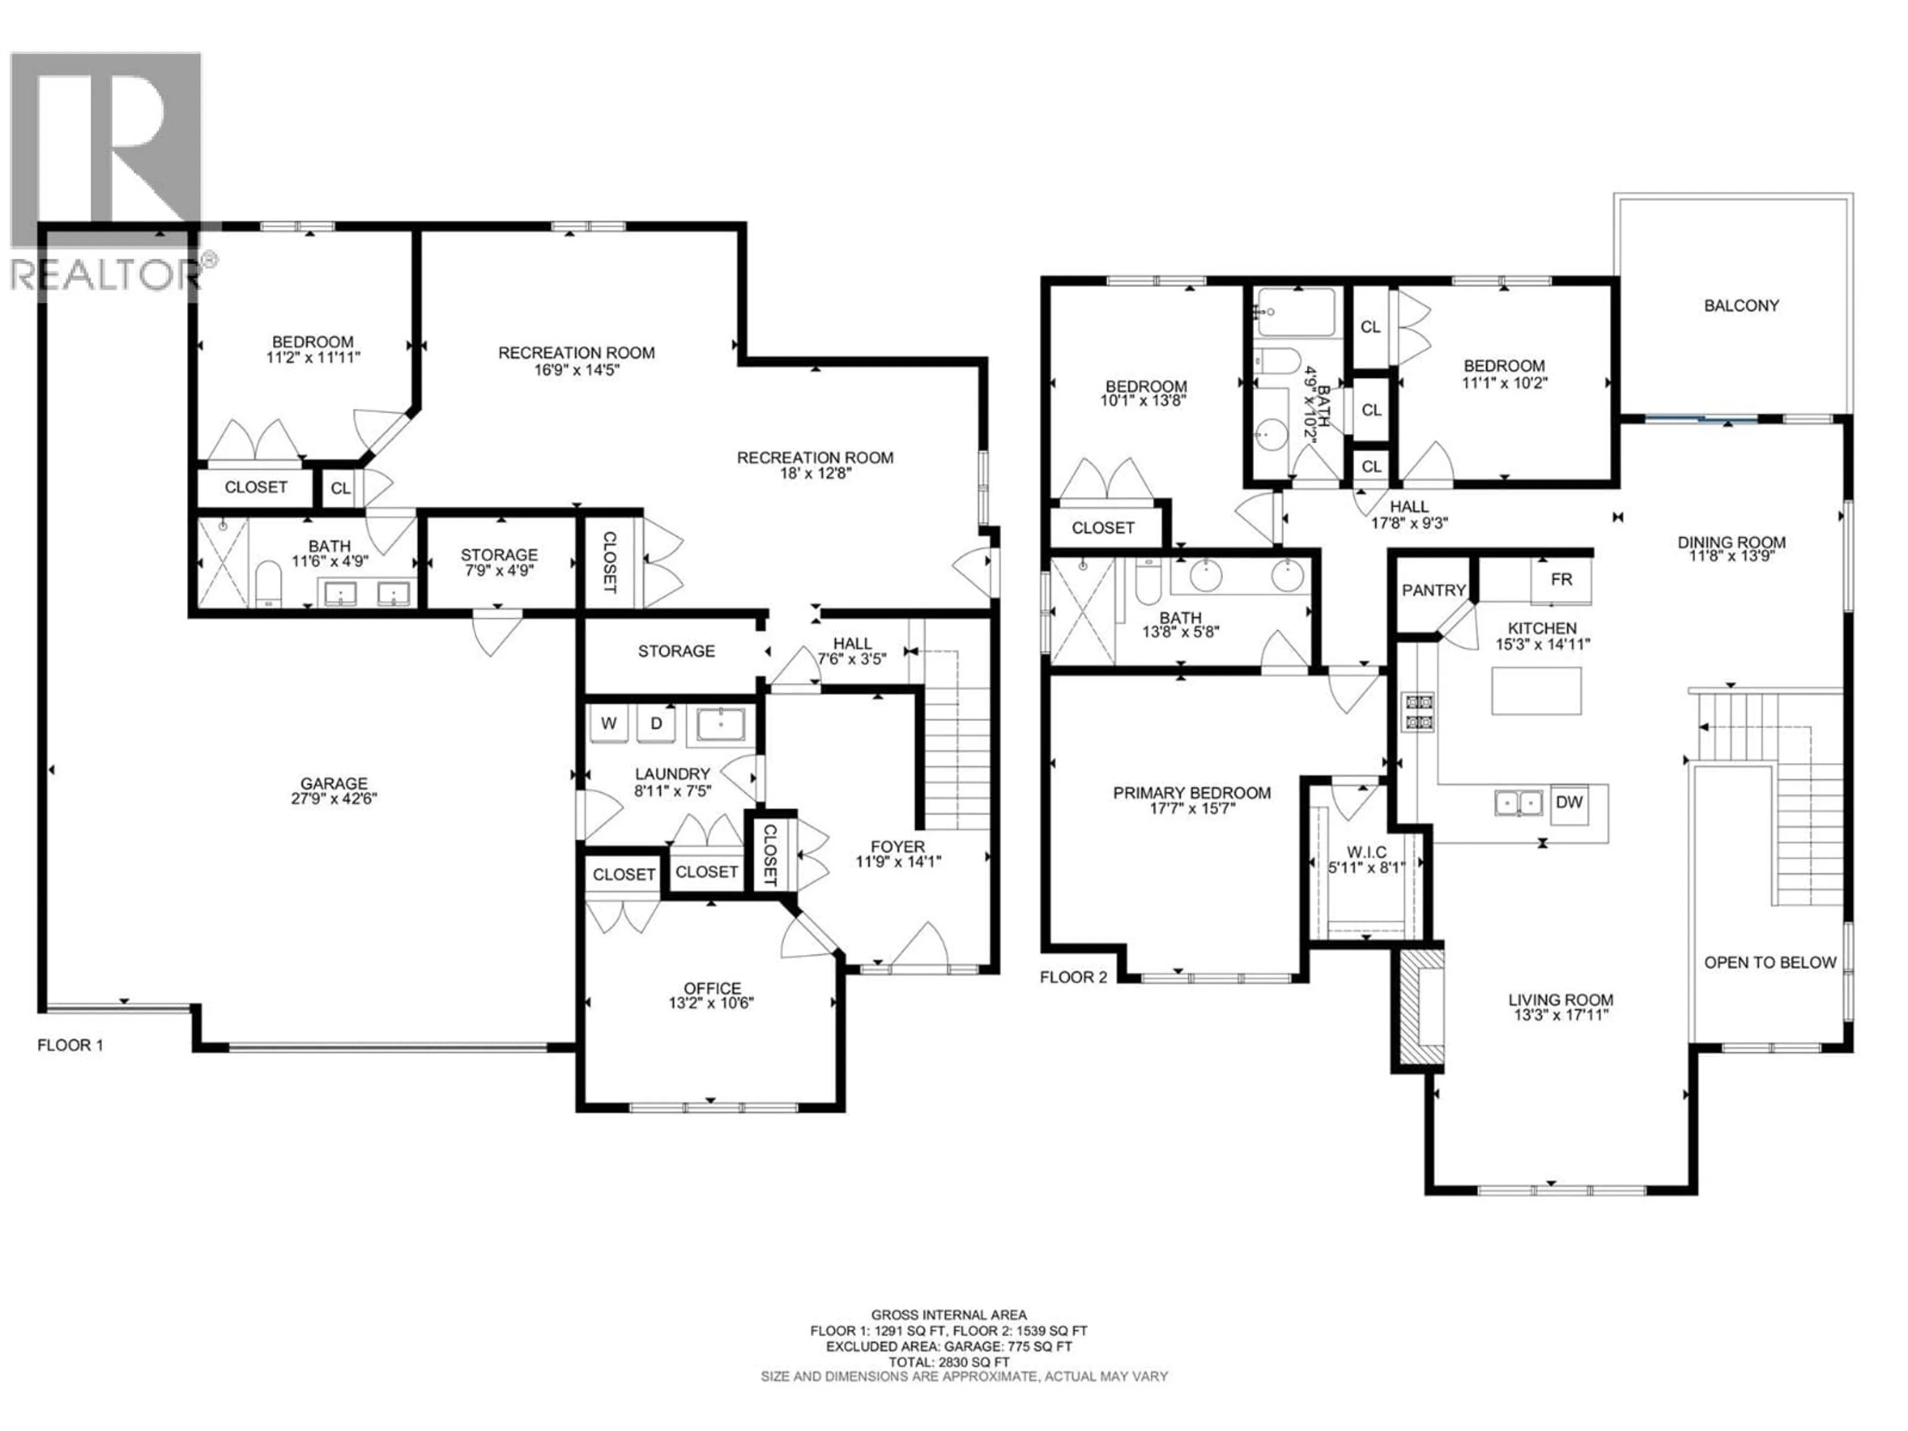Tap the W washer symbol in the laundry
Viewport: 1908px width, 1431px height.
(609, 723)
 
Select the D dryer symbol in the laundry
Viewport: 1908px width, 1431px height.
(655, 723)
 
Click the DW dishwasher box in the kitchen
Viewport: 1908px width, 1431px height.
(1569, 802)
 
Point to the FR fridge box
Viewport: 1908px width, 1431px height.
(1561, 580)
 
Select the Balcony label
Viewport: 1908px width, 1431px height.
(1741, 306)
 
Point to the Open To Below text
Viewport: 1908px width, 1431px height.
(1770, 962)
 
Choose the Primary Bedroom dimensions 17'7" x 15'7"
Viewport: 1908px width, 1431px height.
(1192, 808)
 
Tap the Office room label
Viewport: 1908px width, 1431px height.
(712, 988)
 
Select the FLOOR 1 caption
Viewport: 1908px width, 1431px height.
(70, 1045)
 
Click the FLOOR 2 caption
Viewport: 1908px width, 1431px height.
(1073, 977)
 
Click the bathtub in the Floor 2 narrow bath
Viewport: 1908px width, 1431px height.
(1296, 312)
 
